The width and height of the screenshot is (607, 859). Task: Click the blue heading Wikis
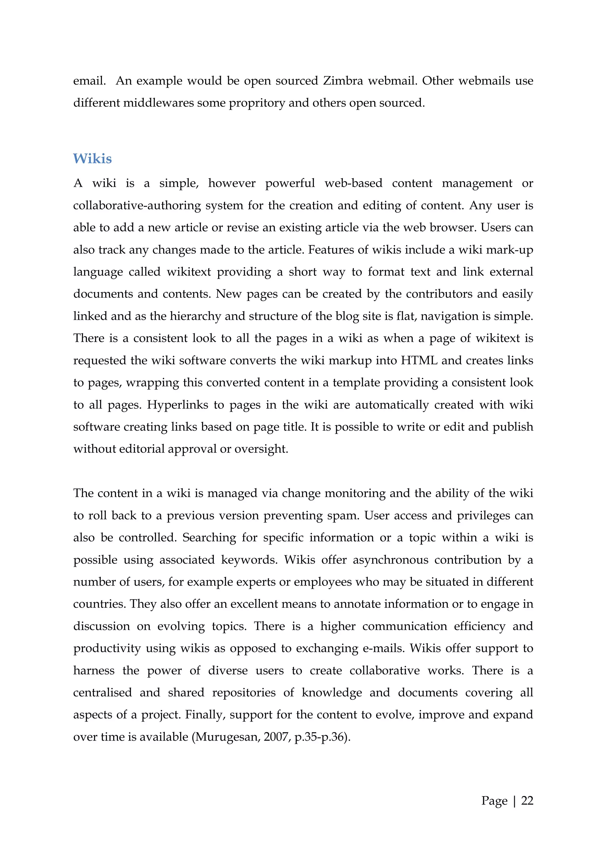pos(92,159)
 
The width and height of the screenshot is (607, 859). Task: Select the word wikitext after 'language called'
pos(189,272)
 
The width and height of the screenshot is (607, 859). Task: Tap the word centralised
pos(103,693)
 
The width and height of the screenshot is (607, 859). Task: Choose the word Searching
pos(209,538)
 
